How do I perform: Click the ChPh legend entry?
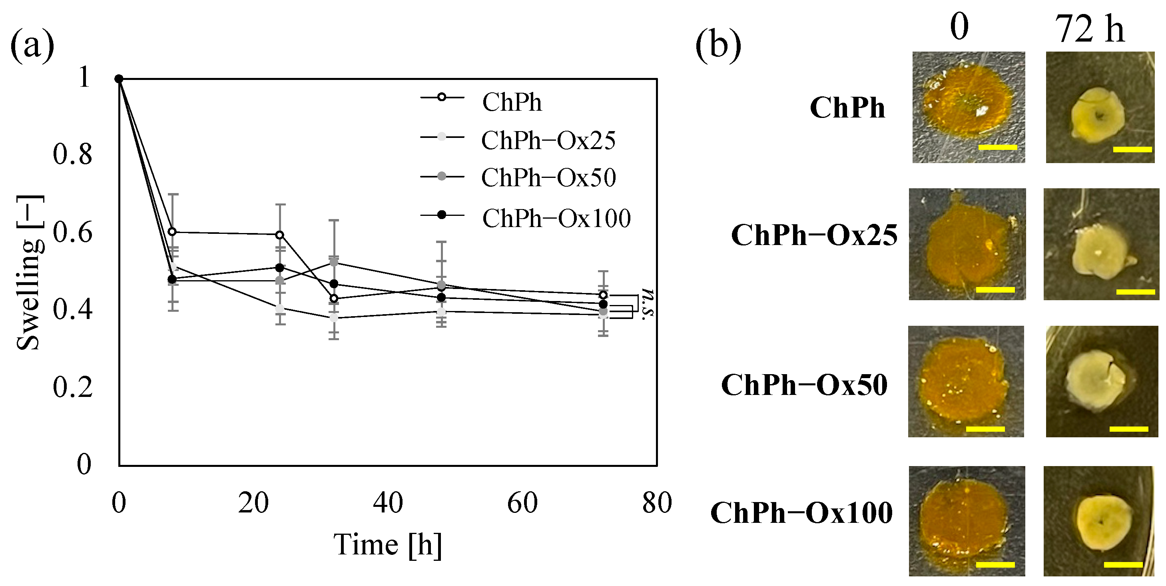point(512,102)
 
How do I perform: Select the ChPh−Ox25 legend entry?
point(548,140)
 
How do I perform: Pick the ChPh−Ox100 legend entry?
point(556,219)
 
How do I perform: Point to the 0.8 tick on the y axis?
point(72,154)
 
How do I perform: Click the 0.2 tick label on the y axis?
point(72,387)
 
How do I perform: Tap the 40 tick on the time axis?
point(388,503)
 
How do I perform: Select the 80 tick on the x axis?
point(657,503)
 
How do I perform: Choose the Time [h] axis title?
point(387,544)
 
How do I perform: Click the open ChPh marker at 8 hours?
point(172,232)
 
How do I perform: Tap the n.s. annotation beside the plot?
point(648,304)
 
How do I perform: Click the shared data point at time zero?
point(119,79)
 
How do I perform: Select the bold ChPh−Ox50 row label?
point(804,386)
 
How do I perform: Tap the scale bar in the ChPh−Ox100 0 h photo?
point(995,564)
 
